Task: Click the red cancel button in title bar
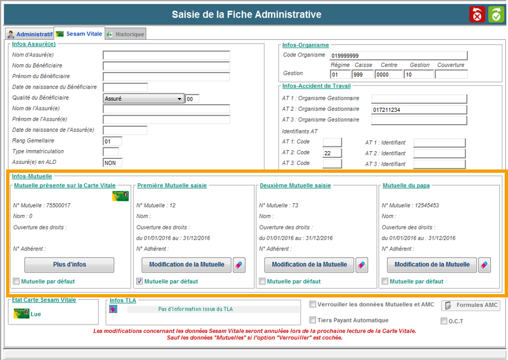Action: point(477,14)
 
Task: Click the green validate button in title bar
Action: point(496,14)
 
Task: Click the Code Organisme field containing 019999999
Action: point(398,55)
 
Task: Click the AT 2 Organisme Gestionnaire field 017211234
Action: point(419,110)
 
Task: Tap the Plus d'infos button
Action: point(69,265)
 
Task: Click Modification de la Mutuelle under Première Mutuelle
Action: point(186,265)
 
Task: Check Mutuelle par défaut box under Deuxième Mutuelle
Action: point(262,281)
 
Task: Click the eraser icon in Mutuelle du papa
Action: point(484,265)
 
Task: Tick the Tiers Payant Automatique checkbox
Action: point(313,320)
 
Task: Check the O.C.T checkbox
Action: point(444,321)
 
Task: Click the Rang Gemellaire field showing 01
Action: point(112,141)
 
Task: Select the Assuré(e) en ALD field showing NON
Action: point(112,162)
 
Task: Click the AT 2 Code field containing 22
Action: point(332,153)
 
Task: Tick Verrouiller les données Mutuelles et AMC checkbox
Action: point(313,304)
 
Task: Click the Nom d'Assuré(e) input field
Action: point(166,55)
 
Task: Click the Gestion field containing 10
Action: point(418,75)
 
